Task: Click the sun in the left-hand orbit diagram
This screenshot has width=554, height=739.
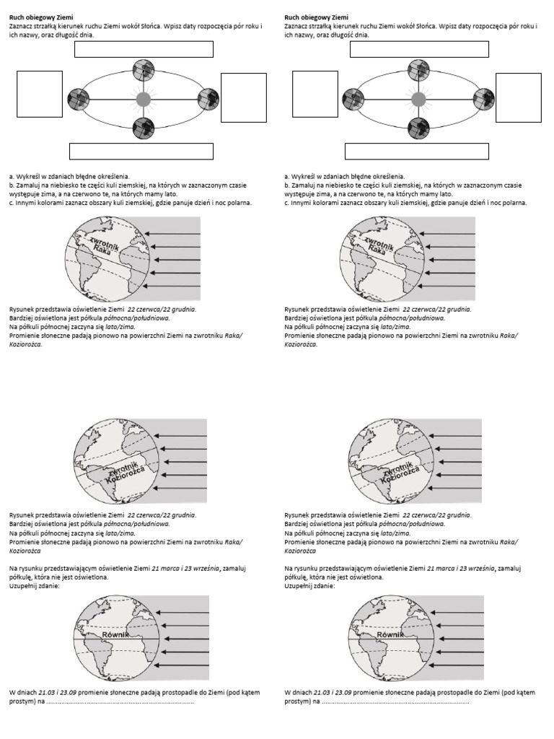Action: (144, 98)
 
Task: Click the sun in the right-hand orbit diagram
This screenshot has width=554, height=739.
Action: (417, 98)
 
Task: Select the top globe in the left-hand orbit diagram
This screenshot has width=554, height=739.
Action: (144, 71)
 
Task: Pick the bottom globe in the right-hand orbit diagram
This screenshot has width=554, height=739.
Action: (418, 127)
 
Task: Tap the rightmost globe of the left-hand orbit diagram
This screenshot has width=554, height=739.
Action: (208, 98)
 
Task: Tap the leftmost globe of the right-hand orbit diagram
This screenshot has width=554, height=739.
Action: (352, 98)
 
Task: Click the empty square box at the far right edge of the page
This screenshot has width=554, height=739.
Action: (519, 97)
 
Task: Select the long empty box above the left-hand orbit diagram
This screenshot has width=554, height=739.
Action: (144, 49)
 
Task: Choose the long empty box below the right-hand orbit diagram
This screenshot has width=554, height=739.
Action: (418, 151)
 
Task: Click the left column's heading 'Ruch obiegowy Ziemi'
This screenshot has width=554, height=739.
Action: (42, 16)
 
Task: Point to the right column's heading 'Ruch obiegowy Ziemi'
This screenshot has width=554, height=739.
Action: (317, 16)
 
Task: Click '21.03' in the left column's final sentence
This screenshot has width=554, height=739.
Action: (48, 692)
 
